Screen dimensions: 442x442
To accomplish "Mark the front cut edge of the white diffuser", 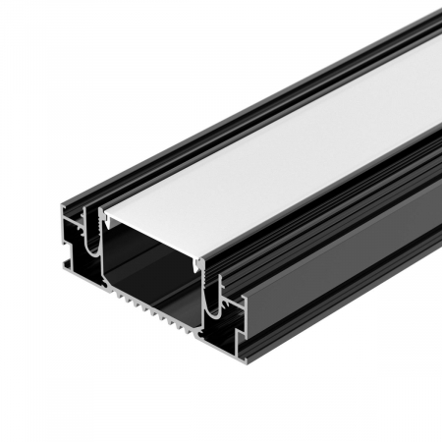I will pyautogui.click(x=152, y=236).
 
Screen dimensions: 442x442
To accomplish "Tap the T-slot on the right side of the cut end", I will pyautogui.click(x=236, y=306).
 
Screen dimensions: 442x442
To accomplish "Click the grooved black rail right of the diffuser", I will pyautogui.click(x=334, y=196).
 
